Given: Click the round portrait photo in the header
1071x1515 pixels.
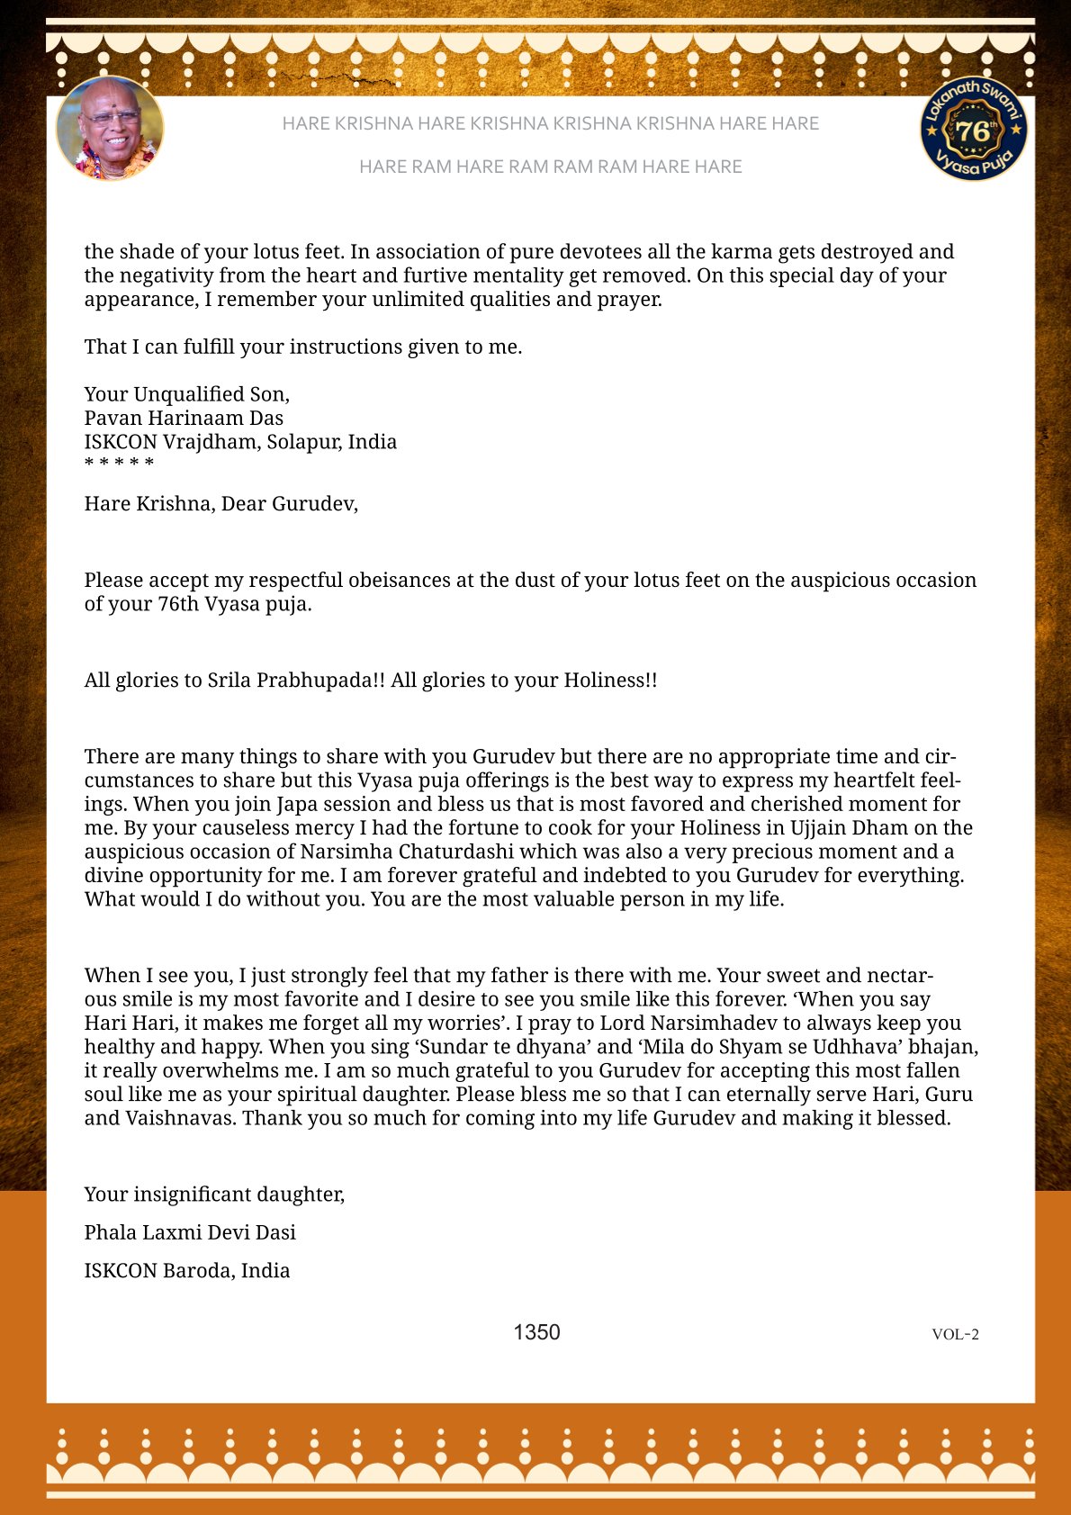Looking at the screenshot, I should click(x=110, y=128).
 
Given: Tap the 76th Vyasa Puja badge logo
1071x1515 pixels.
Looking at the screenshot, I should click(x=974, y=129).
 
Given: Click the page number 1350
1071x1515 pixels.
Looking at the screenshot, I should click(x=536, y=1332).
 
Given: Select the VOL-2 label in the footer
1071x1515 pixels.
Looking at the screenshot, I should click(x=955, y=1334).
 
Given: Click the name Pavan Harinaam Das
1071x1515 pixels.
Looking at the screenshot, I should click(x=184, y=418).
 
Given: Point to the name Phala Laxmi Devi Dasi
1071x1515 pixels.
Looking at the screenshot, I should click(x=190, y=1232).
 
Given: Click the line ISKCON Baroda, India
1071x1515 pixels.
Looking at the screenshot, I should click(x=187, y=1270).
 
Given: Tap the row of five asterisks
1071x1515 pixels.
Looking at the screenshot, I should click(x=119, y=463).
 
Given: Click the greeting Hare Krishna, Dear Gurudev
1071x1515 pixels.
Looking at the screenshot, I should click(x=221, y=503).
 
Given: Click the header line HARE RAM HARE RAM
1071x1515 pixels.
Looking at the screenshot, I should click(x=550, y=167).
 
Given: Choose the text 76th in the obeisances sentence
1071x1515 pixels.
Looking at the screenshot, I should click(x=177, y=604).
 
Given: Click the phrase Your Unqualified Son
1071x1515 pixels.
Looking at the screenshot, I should click(x=187, y=394).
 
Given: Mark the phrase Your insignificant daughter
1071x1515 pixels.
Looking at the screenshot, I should click(x=214, y=1195).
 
